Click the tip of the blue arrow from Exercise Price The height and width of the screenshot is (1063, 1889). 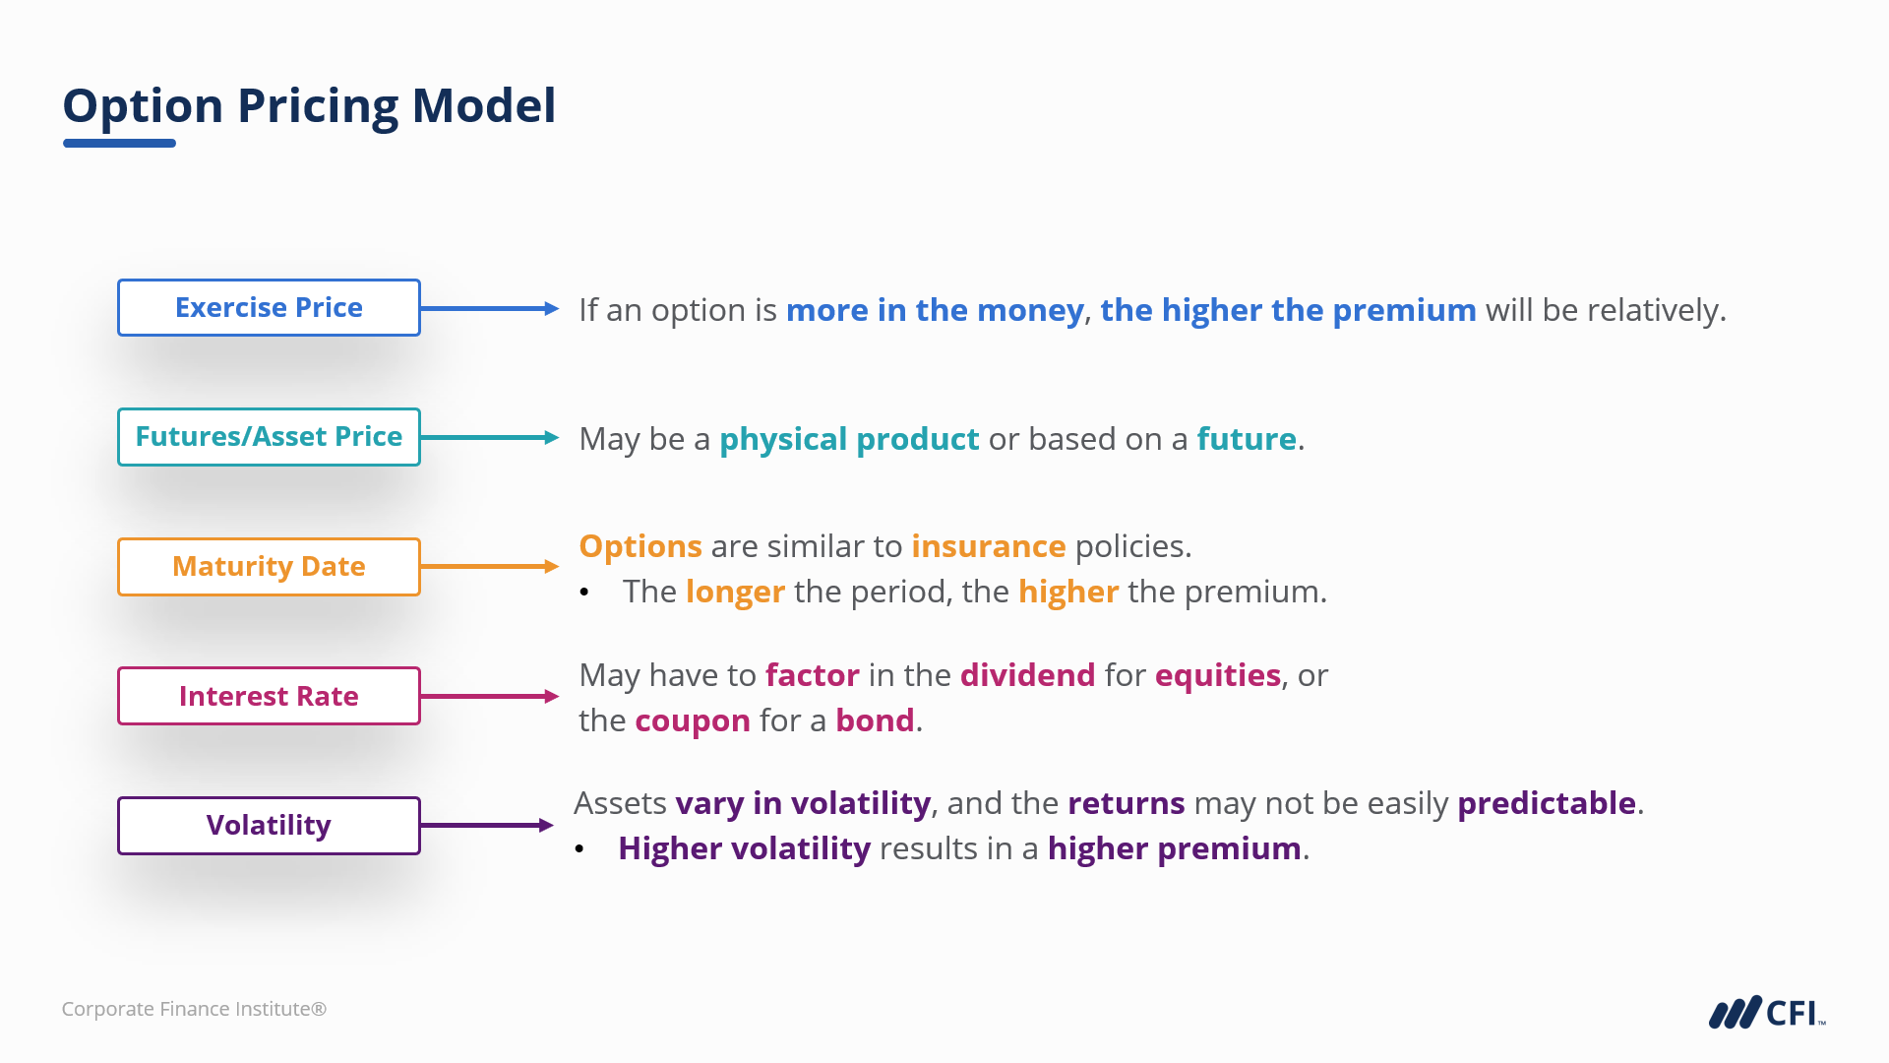pyautogui.click(x=559, y=308)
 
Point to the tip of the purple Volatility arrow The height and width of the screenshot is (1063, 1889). pyautogui.click(x=554, y=825)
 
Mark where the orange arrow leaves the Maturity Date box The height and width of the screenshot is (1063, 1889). pyautogui.click(x=421, y=566)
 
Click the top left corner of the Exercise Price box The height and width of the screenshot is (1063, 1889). pyautogui.click(x=118, y=280)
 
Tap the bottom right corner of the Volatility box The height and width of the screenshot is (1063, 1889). pyautogui.click(x=420, y=854)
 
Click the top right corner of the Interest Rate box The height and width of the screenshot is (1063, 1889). pyautogui.click(x=420, y=667)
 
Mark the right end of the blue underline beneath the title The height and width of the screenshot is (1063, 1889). pyautogui.click(x=176, y=143)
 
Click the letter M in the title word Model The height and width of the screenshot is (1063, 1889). pyautogui.click(x=434, y=105)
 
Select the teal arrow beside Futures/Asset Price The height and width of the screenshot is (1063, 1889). pyautogui.click(x=490, y=437)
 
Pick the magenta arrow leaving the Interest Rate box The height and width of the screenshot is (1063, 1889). pyautogui.click(x=490, y=696)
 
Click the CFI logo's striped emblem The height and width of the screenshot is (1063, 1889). pyautogui.click(x=1735, y=1013)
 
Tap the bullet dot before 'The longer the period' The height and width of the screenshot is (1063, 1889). pyautogui.click(x=584, y=593)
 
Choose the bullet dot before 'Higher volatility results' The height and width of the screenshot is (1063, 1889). pyautogui.click(x=579, y=849)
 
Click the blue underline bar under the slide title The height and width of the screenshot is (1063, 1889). pyautogui.click(x=119, y=143)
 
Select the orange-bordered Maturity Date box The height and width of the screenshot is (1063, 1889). pyautogui.click(x=269, y=566)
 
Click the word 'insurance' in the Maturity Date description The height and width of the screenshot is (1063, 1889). pyautogui.click(x=988, y=546)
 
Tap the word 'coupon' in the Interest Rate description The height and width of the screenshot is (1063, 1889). pyautogui.click(x=693, y=721)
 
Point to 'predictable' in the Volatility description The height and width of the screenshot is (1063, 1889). pyautogui.click(x=1547, y=804)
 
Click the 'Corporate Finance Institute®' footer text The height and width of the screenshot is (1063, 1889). pyautogui.click(x=194, y=1009)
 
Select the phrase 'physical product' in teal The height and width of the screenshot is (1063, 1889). pyautogui.click(x=849, y=439)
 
